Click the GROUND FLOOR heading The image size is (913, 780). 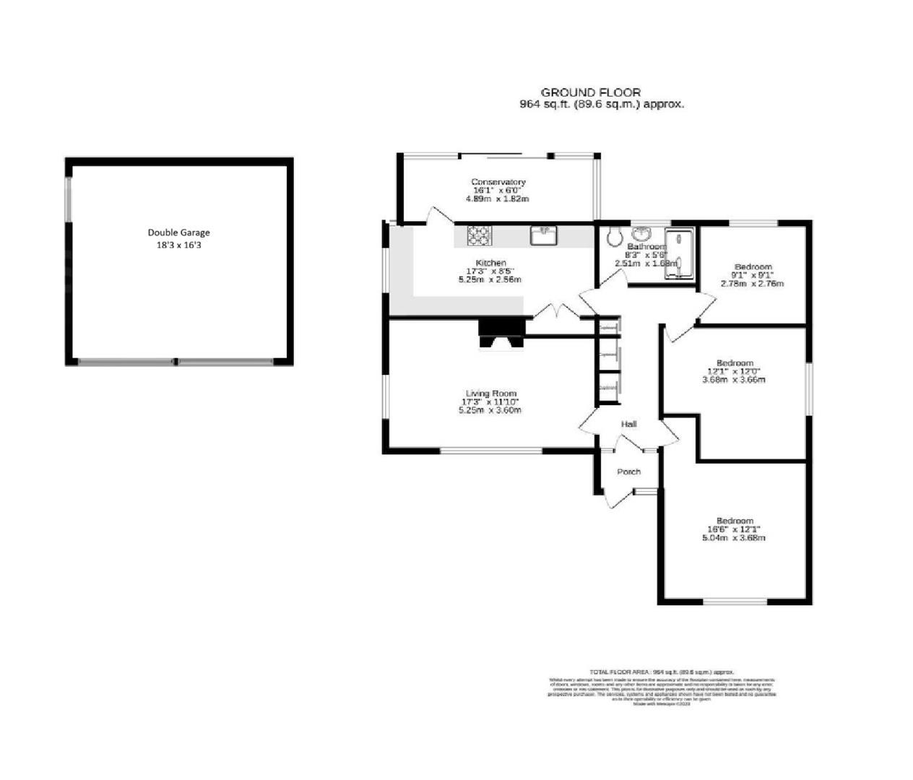pyautogui.click(x=590, y=92)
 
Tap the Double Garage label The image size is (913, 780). pyautogui.click(x=178, y=233)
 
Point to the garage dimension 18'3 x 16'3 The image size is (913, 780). pyautogui.click(x=178, y=245)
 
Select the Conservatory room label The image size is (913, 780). pyautogui.click(x=498, y=182)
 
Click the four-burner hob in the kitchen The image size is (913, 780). pyautogui.click(x=477, y=235)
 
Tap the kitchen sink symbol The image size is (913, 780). pyautogui.click(x=544, y=235)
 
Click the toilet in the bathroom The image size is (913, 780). pyautogui.click(x=615, y=235)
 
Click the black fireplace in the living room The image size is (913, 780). pyautogui.click(x=501, y=333)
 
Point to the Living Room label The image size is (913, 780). pyautogui.click(x=491, y=394)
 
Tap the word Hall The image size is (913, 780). pyautogui.click(x=628, y=424)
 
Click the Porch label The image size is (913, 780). pyautogui.click(x=628, y=472)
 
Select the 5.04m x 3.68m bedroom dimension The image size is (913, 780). pyautogui.click(x=734, y=537)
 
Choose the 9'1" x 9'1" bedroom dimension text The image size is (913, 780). pyautogui.click(x=753, y=275)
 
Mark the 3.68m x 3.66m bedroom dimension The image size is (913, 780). pyautogui.click(x=734, y=379)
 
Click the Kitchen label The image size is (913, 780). pyautogui.click(x=490, y=263)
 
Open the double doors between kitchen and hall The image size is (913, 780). pyautogui.click(x=556, y=313)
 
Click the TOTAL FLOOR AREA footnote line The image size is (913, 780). pyautogui.click(x=662, y=672)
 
